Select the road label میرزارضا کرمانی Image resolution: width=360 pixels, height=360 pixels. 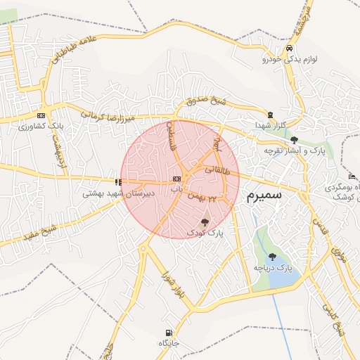pyautogui.click(x=106, y=116)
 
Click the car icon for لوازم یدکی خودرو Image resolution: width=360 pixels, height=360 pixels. pyautogui.click(x=290, y=49)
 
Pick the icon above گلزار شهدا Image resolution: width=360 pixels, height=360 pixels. pyautogui.click(x=271, y=115)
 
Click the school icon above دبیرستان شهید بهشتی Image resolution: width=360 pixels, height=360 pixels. pyautogui.click(x=118, y=182)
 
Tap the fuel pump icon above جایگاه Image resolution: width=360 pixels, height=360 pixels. pyautogui.click(x=167, y=333)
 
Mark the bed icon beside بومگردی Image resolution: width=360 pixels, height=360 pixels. pyautogui.click(x=352, y=176)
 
